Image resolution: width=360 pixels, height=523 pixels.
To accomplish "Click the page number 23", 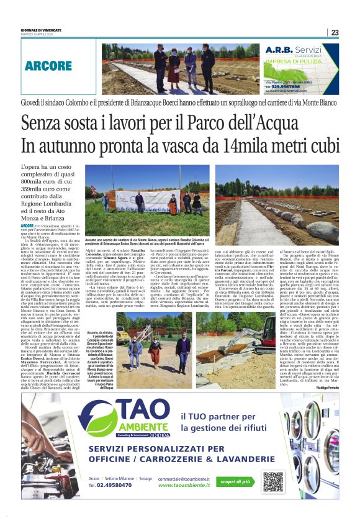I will click(x=335, y=33).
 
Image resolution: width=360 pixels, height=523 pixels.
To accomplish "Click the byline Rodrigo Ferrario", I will click(x=326, y=370).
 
